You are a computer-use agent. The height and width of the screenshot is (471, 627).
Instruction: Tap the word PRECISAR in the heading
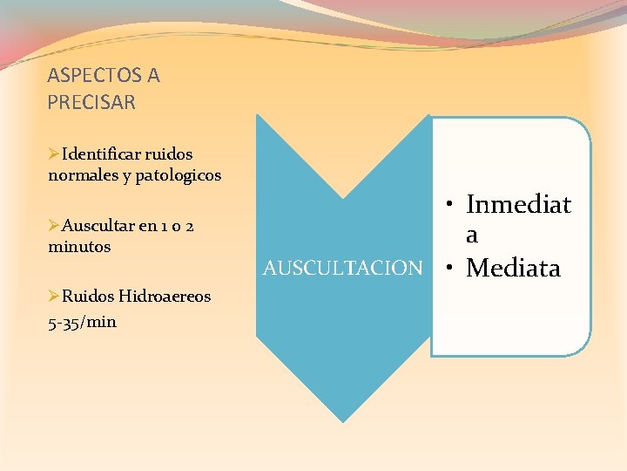[x=91, y=102]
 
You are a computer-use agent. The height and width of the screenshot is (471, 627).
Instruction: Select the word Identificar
[x=103, y=154]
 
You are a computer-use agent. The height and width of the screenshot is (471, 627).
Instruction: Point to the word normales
[x=81, y=175]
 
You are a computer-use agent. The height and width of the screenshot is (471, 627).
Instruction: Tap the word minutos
[x=79, y=247]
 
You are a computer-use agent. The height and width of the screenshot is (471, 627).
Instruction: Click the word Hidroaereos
[x=165, y=297]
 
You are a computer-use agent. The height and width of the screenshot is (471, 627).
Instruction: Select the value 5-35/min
[x=82, y=322]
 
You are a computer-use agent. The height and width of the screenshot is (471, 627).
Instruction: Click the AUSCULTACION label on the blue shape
[x=342, y=268]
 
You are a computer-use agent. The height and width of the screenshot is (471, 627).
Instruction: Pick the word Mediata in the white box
[x=513, y=268]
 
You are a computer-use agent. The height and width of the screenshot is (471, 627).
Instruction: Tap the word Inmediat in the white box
[x=518, y=205]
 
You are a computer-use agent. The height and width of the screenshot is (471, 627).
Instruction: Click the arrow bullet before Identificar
[x=54, y=154]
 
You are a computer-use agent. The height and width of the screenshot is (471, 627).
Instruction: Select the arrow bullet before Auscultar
[x=54, y=226]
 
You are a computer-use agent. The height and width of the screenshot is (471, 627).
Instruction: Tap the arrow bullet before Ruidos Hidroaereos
[x=54, y=297]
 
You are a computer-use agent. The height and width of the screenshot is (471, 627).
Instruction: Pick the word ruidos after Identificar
[x=170, y=154]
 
